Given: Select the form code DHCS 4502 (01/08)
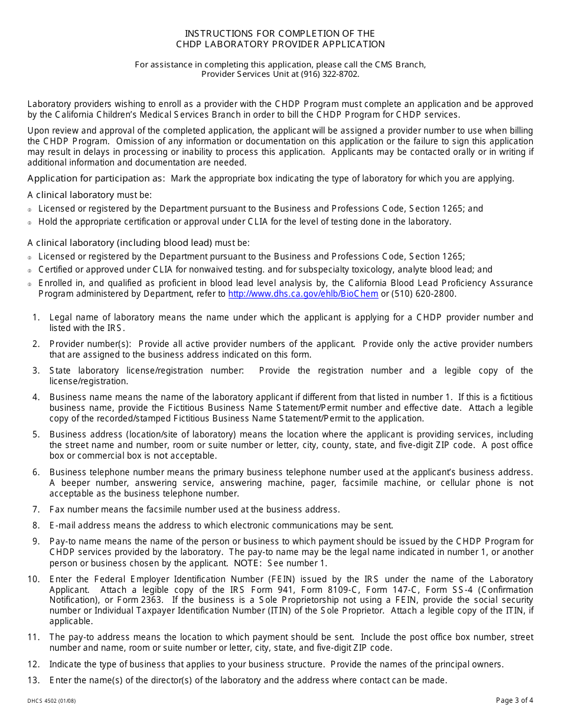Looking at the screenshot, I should tap(51, 702).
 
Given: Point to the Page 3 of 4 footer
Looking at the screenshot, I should tap(514, 701).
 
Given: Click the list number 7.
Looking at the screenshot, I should tap(36, 509).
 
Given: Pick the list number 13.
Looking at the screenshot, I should tap(34, 680).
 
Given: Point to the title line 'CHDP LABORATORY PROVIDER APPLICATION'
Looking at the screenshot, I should tap(280, 44).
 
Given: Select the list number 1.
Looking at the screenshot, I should tap(36, 317).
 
